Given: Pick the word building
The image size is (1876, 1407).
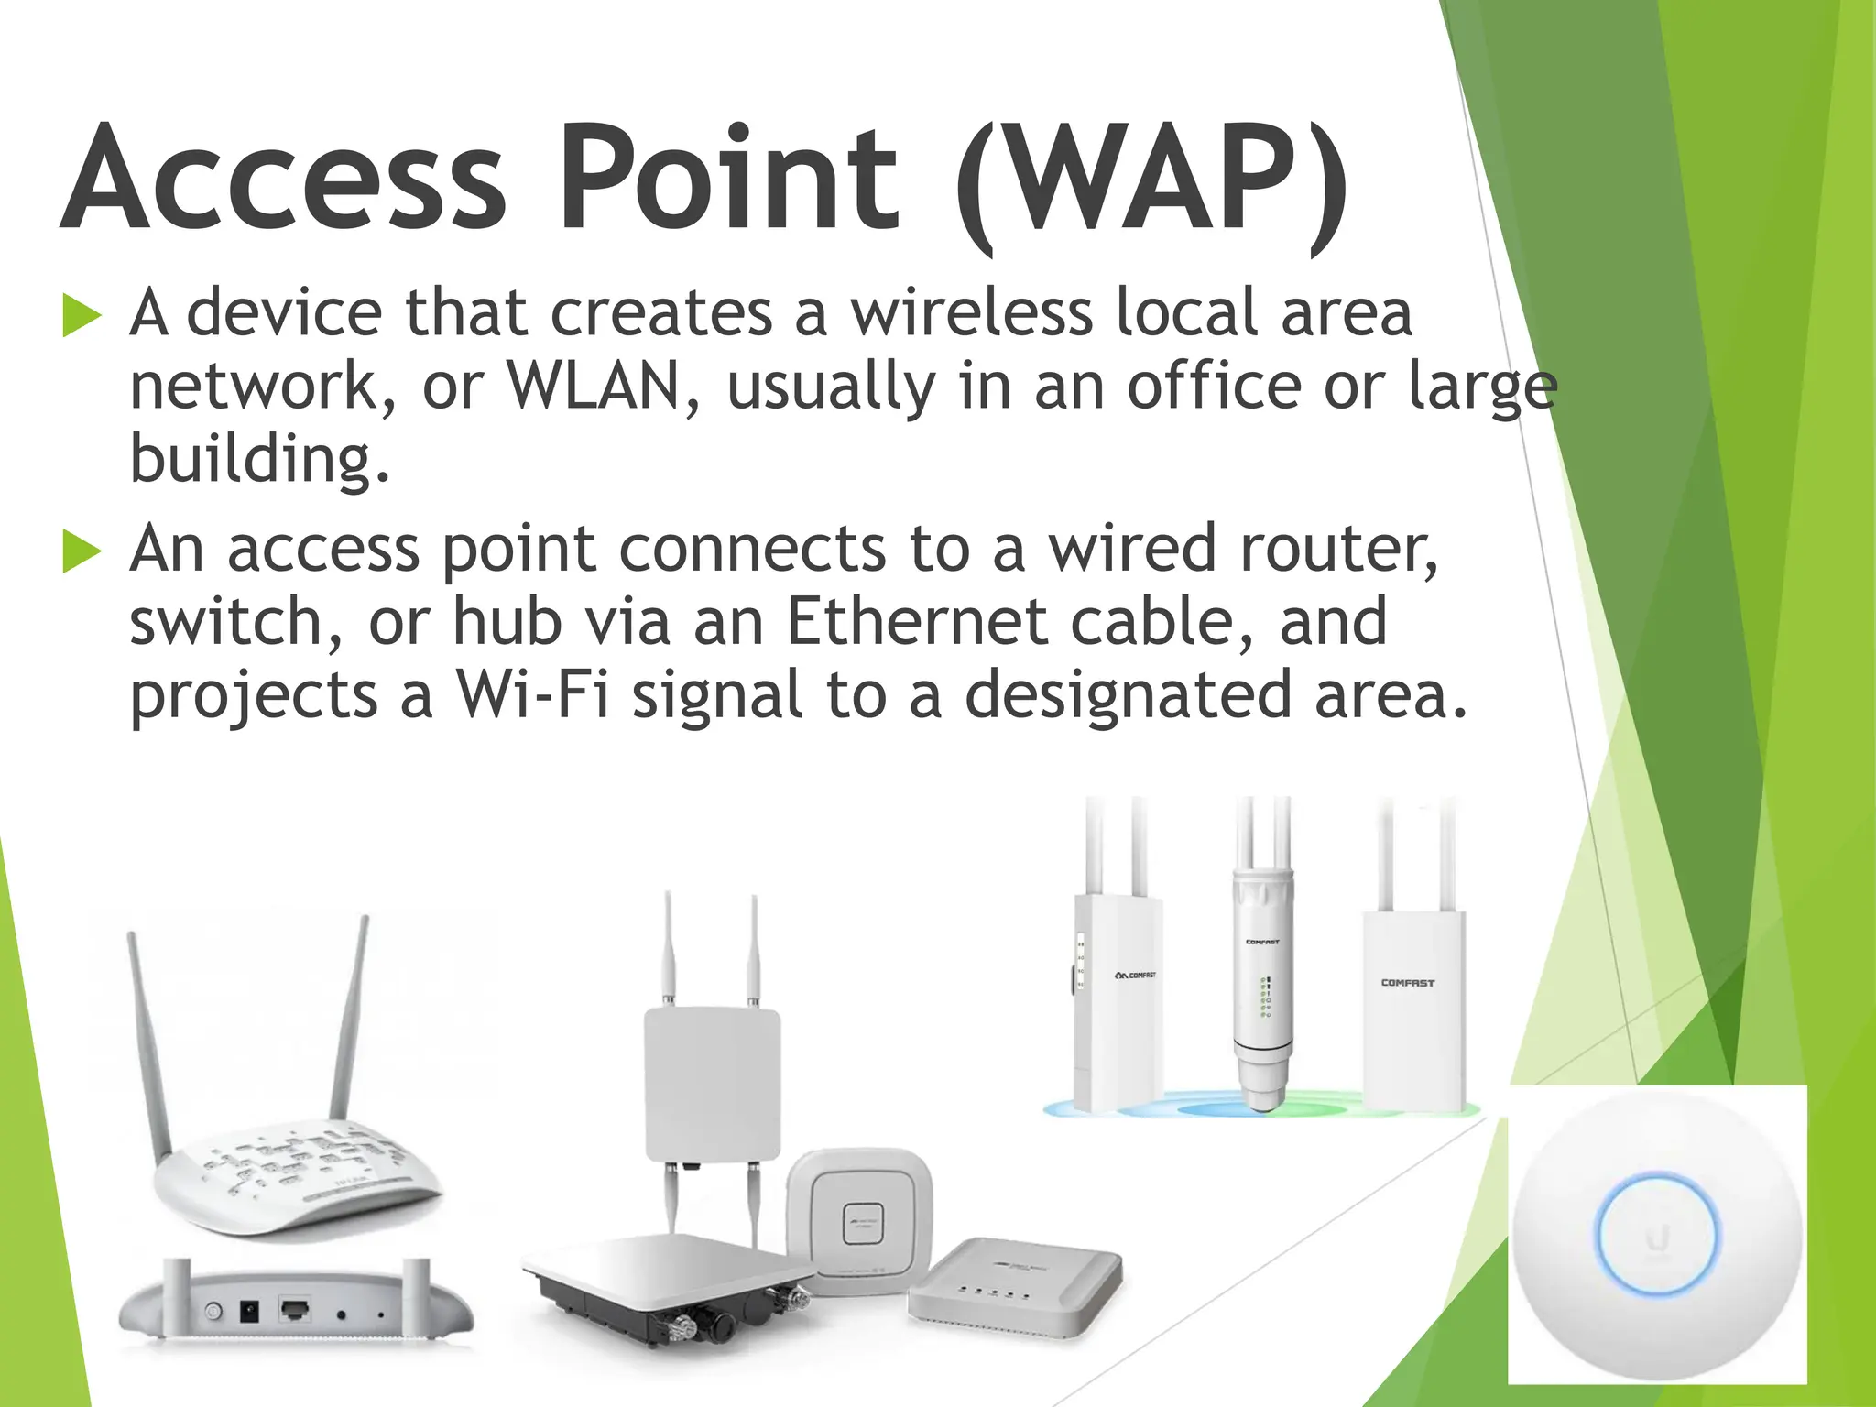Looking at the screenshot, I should pos(259,459).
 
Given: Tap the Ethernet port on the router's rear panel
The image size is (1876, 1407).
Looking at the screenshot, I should pos(294,1309).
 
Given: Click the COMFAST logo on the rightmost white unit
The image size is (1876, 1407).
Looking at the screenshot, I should pos(1408,983).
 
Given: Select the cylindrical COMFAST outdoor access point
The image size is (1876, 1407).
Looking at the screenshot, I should pos(1262,989).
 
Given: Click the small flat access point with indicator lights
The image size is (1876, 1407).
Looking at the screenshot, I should pos(1012,1282).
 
